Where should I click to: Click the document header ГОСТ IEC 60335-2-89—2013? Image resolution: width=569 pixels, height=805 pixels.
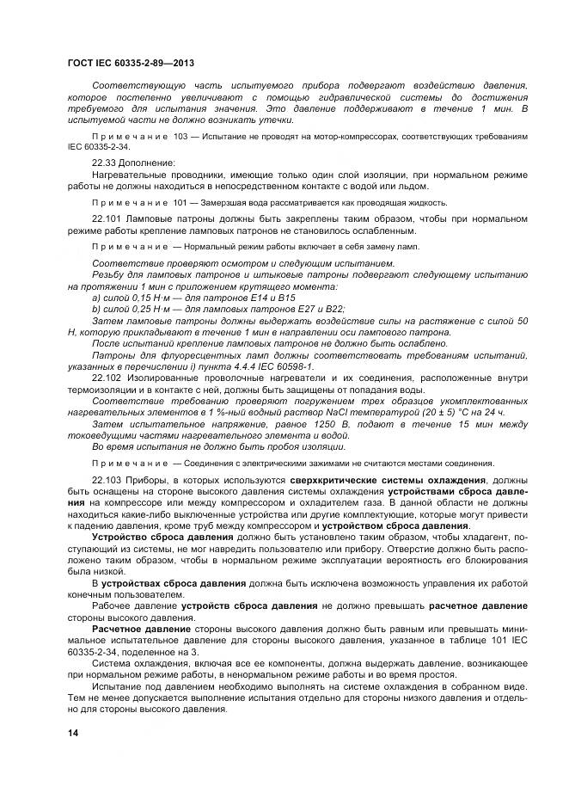click(x=132, y=63)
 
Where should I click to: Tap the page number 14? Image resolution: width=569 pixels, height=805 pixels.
click(x=72, y=732)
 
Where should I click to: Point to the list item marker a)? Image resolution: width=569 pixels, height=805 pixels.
click(x=96, y=297)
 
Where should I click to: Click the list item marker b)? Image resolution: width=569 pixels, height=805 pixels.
click(x=96, y=308)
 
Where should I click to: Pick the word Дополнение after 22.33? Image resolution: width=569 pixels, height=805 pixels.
click(x=150, y=163)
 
